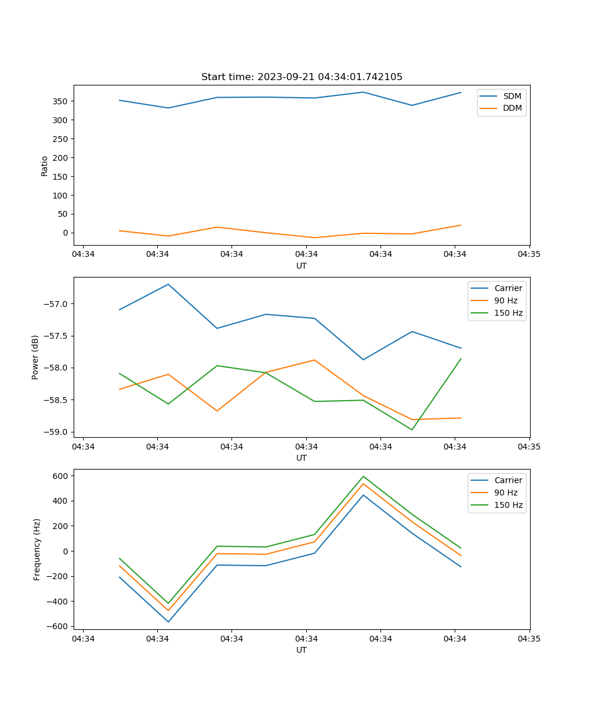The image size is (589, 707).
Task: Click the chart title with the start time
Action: pos(302,77)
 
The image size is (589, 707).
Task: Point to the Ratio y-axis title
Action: pos(45,166)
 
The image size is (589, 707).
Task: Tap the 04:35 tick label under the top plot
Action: pos(530,255)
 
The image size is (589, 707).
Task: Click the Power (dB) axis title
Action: pos(35,357)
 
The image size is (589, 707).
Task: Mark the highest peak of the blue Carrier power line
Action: pos(168,285)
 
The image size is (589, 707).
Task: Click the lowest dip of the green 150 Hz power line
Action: pos(412,430)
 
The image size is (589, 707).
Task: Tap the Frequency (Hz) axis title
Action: pos(37,549)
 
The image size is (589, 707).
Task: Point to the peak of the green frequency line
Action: pos(363,476)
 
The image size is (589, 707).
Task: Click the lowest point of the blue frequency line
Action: pos(168,622)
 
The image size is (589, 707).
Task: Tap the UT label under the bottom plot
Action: pos(302,650)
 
